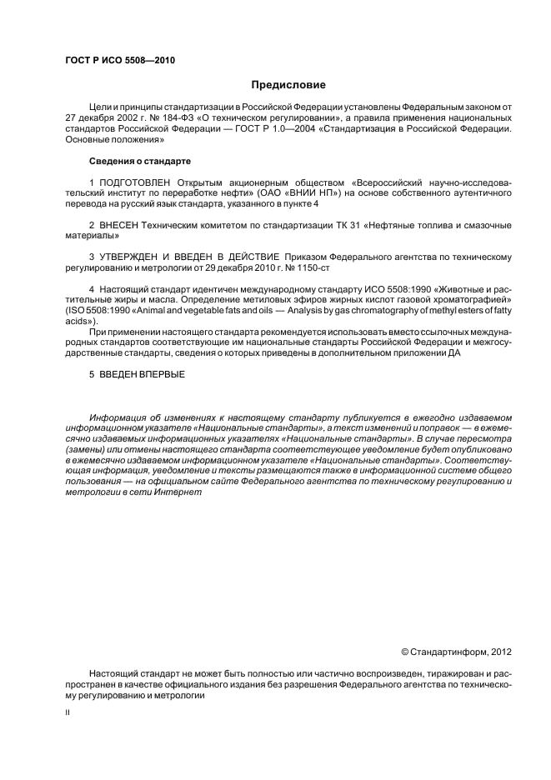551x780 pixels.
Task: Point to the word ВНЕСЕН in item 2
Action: pyautogui.click(x=118, y=226)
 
